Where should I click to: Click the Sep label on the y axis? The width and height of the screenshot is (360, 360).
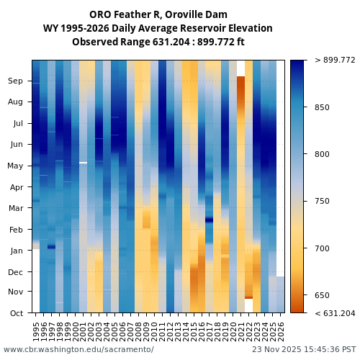coord(16,81)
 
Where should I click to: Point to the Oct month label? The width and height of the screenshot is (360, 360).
coord(16,312)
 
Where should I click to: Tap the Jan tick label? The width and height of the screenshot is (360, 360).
coord(16,251)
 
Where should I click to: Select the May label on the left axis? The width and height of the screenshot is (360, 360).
coord(16,166)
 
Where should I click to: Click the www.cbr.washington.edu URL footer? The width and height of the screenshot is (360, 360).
coord(78,349)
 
